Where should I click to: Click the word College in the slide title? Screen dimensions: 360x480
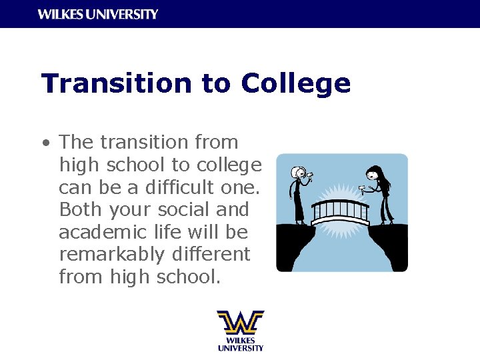pos(295,84)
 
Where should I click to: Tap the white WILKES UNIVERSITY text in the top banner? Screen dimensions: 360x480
pos(98,14)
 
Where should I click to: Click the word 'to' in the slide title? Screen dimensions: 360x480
pos(215,84)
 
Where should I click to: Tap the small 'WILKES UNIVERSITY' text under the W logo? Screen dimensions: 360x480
pos(240,344)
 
